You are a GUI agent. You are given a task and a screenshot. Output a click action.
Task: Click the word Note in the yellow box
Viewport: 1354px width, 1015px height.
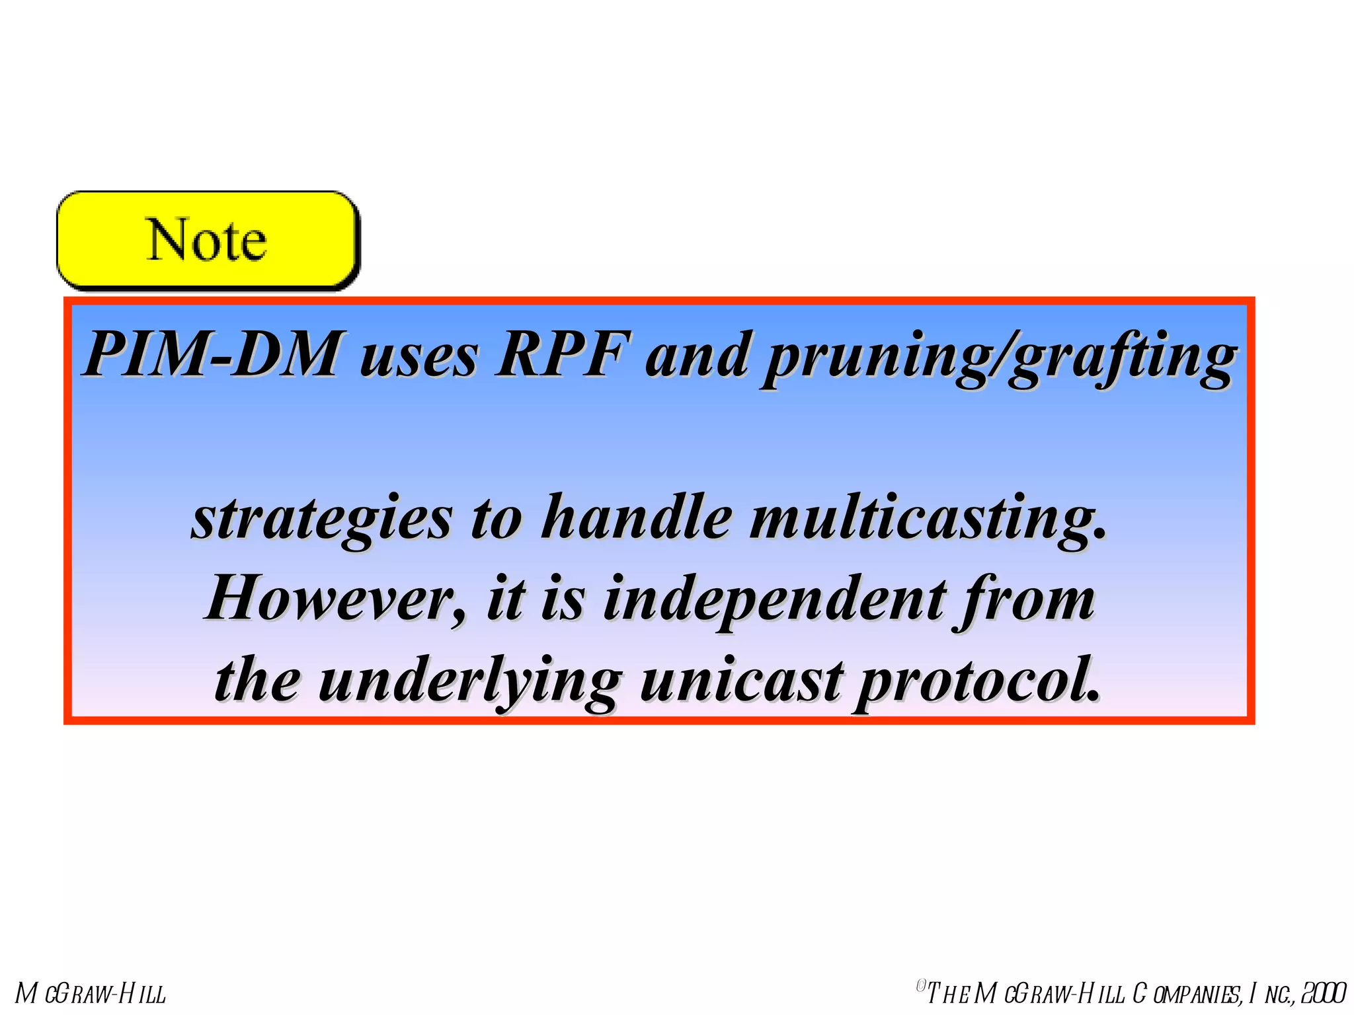pyautogui.click(x=206, y=240)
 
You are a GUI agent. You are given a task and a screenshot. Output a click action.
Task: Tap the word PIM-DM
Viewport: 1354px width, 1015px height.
pyautogui.click(x=213, y=354)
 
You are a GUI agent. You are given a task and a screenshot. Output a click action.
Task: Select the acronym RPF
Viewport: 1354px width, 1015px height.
pyautogui.click(x=562, y=354)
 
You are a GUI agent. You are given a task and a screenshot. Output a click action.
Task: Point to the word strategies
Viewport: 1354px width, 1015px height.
pyautogui.click(x=322, y=519)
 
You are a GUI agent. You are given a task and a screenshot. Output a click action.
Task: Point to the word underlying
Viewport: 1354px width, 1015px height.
pyautogui.click(x=470, y=681)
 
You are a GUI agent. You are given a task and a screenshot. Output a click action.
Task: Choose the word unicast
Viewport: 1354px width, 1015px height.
pyautogui.click(x=740, y=680)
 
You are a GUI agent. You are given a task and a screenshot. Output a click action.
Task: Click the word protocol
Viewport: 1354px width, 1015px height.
pyautogui.click(x=978, y=681)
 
